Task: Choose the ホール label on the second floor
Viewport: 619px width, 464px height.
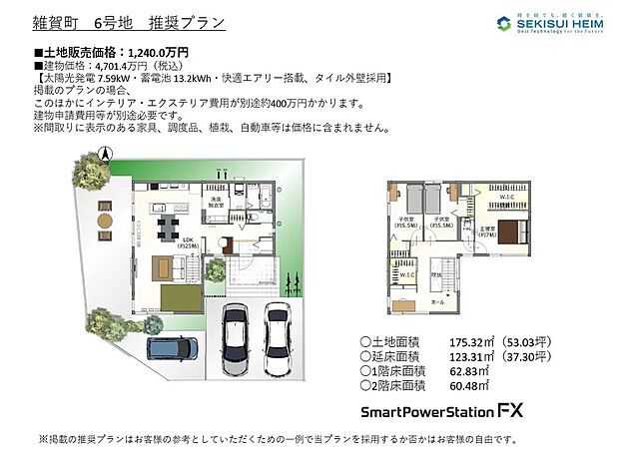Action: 437,298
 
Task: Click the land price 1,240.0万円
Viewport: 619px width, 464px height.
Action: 156,50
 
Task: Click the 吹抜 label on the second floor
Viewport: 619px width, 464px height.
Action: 436,273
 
